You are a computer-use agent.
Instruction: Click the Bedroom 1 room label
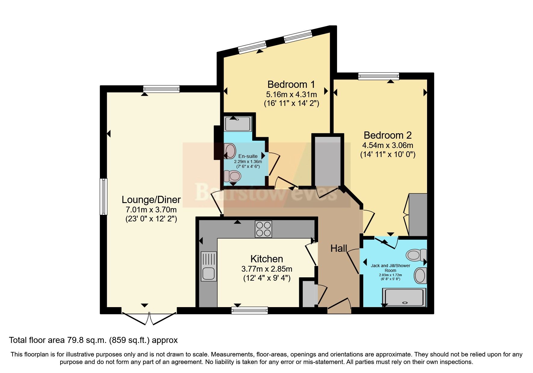click(x=291, y=84)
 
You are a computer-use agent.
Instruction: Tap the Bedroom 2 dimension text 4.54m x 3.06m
click(x=387, y=145)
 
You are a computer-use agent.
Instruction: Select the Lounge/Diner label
click(x=151, y=199)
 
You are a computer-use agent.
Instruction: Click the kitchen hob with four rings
click(x=263, y=229)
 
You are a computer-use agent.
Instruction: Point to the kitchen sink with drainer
click(x=208, y=267)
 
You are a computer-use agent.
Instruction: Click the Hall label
click(x=339, y=248)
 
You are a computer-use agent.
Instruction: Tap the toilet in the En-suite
click(x=232, y=176)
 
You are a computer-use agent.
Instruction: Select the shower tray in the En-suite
click(x=238, y=124)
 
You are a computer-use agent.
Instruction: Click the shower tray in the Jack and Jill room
click(x=404, y=297)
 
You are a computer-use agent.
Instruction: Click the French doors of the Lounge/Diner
click(x=149, y=318)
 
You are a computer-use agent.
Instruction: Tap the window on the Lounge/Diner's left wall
click(x=103, y=196)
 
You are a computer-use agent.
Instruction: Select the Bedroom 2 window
click(x=378, y=76)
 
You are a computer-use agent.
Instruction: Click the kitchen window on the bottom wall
click(x=249, y=310)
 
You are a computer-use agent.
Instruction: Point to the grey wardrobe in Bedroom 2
click(x=418, y=215)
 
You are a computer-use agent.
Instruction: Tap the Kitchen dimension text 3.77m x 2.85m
click(x=267, y=269)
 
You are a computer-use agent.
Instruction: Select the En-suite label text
click(x=248, y=156)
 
